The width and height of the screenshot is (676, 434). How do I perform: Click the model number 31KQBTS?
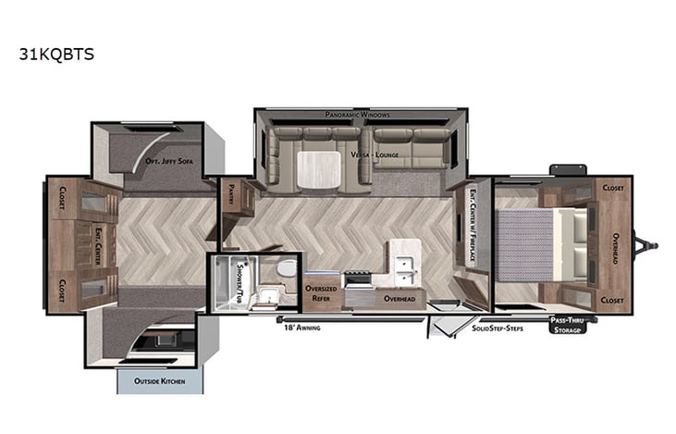(55, 54)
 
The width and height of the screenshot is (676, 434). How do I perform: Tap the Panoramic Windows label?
(357, 115)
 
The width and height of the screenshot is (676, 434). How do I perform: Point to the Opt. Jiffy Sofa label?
(168, 161)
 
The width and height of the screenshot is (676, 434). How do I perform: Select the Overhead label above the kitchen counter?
(399, 300)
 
